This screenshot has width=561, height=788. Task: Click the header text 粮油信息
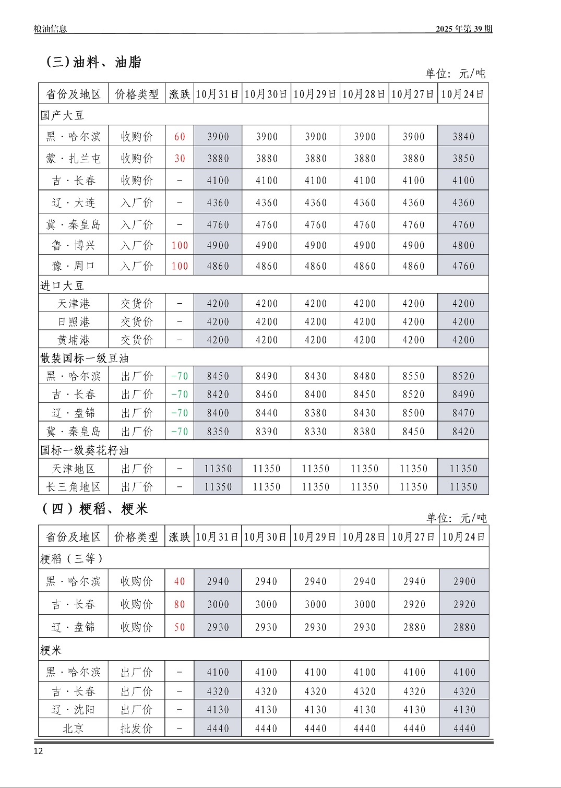point(50,29)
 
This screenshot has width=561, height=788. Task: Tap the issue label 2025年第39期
point(464,29)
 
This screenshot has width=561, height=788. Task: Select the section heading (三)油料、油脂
point(94,62)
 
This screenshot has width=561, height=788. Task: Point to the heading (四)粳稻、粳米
point(95,508)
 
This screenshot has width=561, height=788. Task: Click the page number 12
point(38,751)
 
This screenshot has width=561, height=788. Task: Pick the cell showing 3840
point(463,137)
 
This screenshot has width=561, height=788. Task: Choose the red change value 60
point(180,137)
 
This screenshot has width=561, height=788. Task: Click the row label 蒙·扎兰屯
point(73,159)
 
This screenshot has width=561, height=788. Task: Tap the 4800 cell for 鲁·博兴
point(463,245)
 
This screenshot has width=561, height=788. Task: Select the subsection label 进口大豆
point(62,285)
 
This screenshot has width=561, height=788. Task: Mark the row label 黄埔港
point(73,340)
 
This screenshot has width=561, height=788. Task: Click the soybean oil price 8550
point(413,376)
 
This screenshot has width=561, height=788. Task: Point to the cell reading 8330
point(315,432)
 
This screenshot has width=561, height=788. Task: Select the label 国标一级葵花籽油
point(85,450)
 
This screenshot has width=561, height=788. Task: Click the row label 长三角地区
point(73,487)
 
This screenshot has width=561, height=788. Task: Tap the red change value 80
point(180,604)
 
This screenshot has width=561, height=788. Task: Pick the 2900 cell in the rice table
point(464,581)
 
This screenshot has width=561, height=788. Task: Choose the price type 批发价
point(136,729)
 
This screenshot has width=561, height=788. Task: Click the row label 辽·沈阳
point(73,710)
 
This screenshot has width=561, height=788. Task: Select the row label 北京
point(73,729)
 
